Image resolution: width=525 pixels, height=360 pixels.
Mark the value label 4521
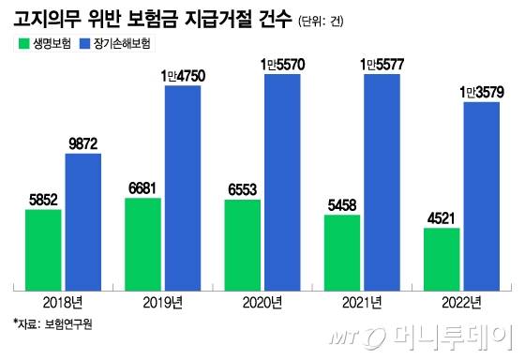pos(442,217)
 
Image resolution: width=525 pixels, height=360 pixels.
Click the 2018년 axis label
pos(63,301)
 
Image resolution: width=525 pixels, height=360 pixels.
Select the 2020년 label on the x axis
pos(262,301)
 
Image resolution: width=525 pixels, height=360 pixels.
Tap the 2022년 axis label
pos(461,301)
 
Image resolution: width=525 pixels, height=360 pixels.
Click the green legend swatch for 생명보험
pos(22,44)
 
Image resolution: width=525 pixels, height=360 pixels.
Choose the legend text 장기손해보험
pos(122,44)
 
